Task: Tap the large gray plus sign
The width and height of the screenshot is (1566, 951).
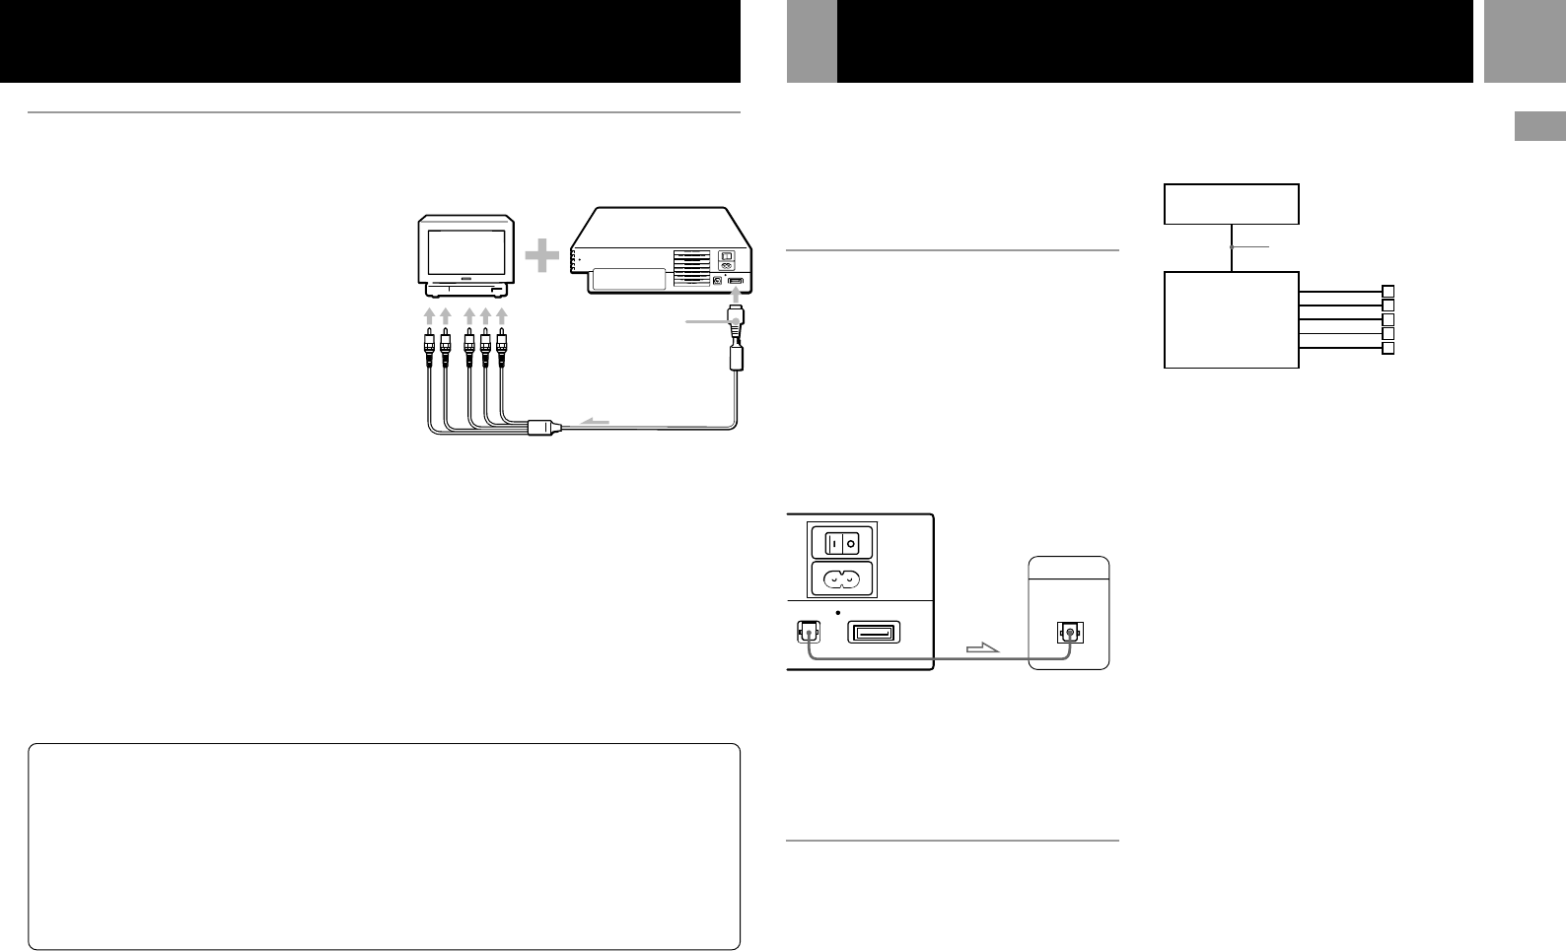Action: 541,258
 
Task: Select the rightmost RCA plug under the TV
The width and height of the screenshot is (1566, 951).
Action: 502,344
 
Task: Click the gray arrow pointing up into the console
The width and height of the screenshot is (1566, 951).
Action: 735,295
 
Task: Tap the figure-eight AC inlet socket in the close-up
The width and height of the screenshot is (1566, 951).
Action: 842,579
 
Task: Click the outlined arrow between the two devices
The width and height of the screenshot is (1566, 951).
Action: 981,648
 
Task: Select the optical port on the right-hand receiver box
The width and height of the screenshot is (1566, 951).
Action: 1068,633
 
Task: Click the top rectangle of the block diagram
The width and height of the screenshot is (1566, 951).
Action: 1232,204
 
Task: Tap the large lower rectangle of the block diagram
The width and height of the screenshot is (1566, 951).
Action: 1231,320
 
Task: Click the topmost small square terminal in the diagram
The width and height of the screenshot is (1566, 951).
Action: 1388,292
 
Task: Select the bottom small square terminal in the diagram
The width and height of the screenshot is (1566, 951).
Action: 1388,349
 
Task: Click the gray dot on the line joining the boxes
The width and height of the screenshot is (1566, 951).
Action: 1232,246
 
